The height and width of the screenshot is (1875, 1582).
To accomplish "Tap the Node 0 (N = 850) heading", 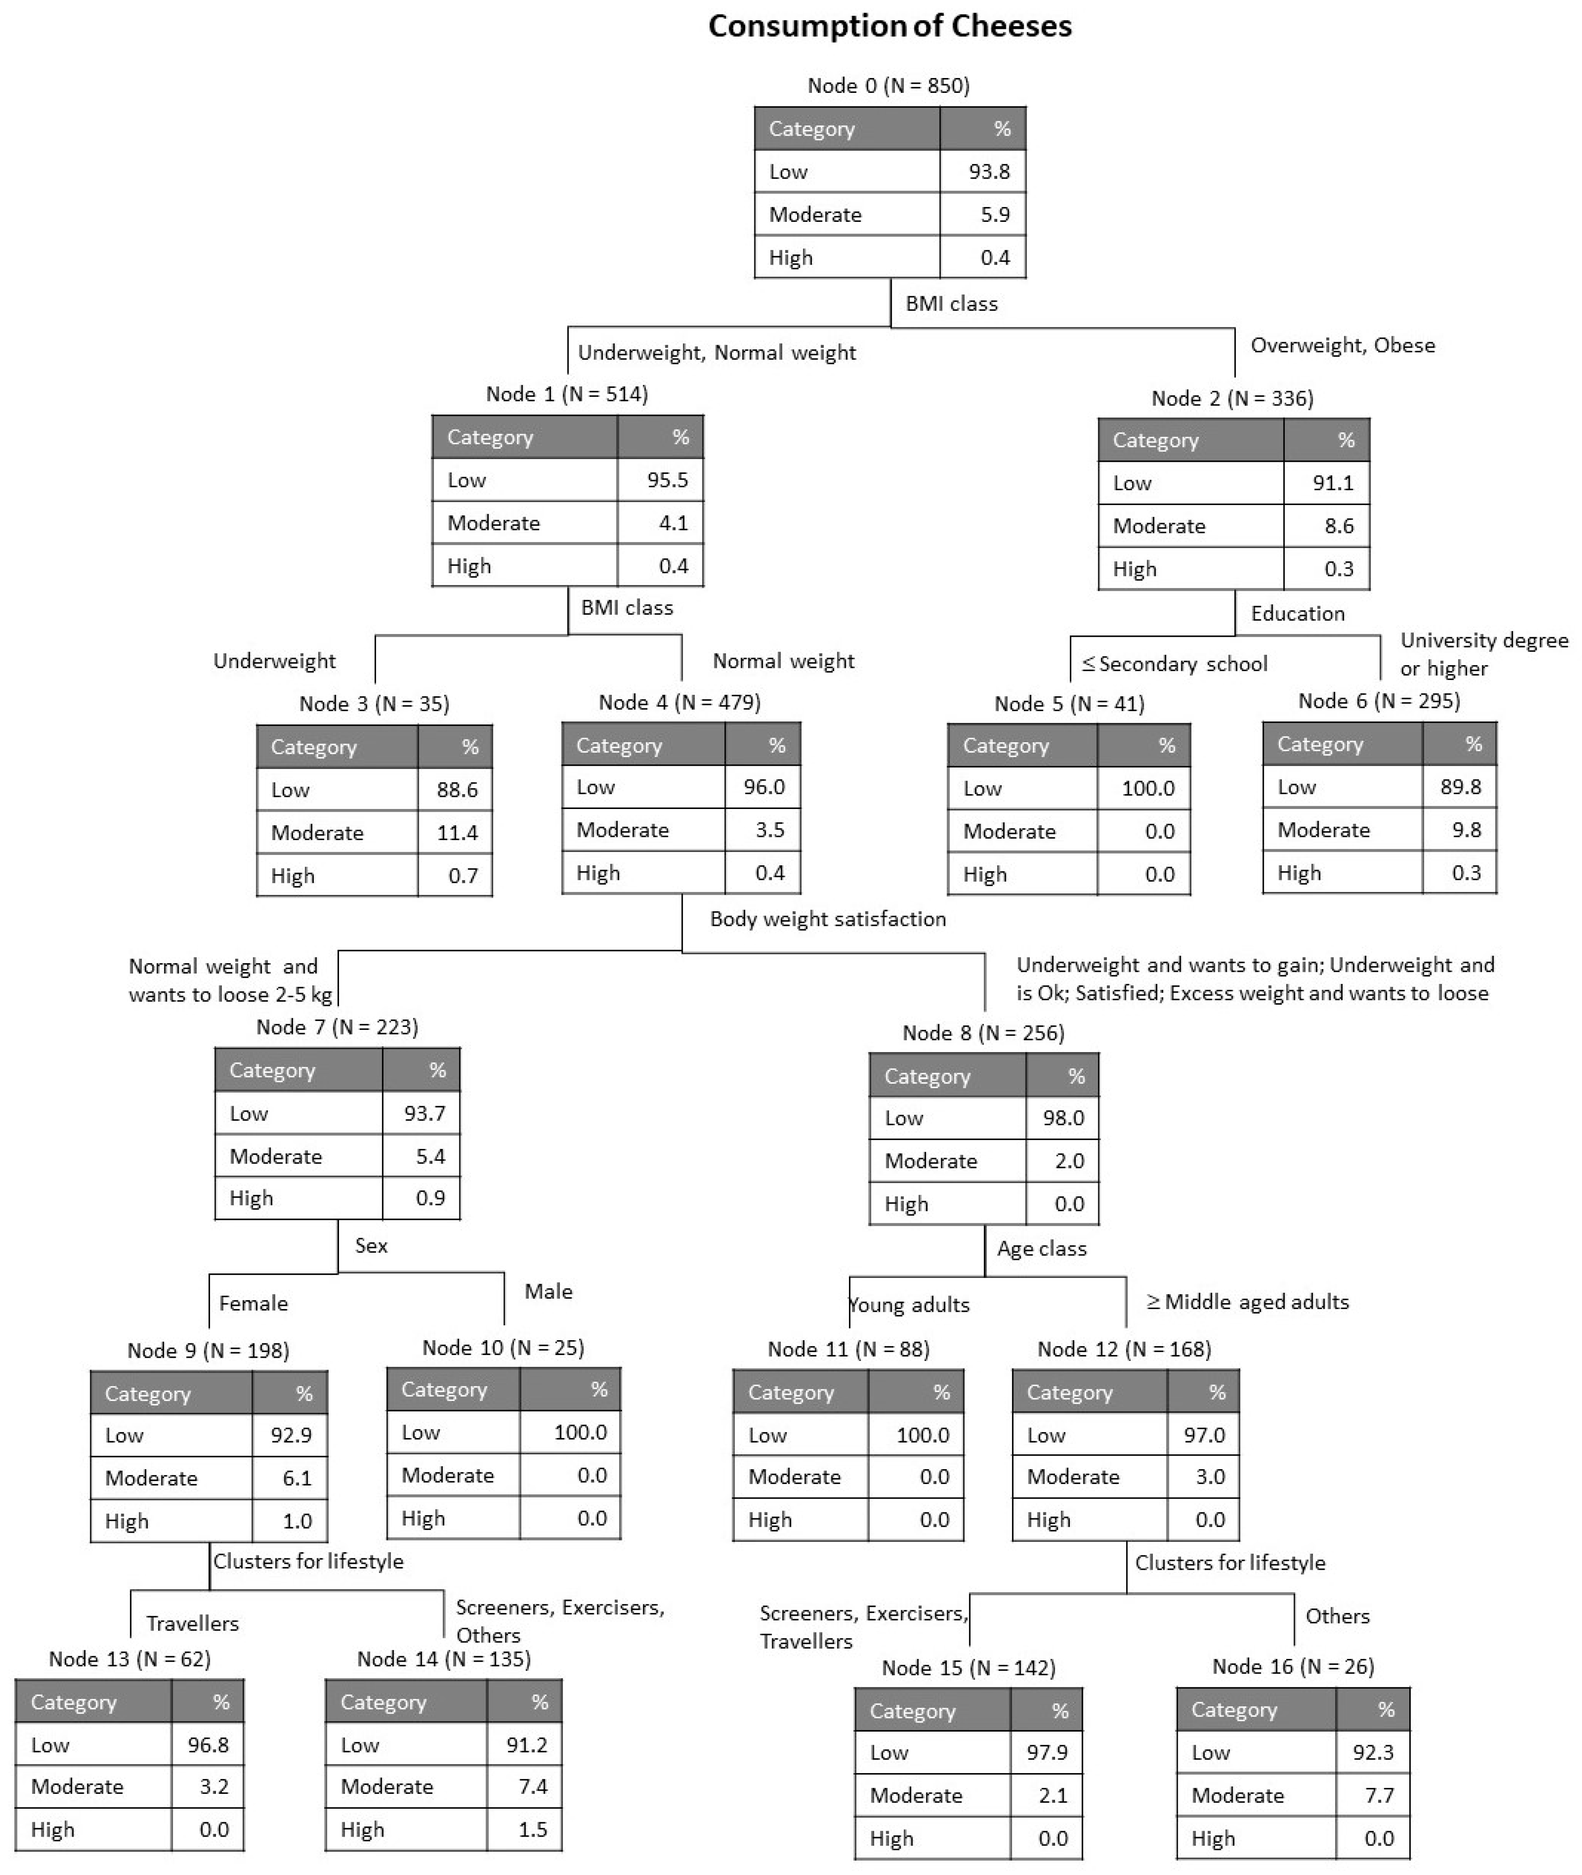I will coord(888,86).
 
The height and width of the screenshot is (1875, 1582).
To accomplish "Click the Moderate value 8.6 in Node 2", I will coord(1338,526).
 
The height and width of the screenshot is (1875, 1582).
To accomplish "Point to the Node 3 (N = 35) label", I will coord(374,703).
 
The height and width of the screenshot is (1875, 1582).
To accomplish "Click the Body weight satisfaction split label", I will coord(827,919).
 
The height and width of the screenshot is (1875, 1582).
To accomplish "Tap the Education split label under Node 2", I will coord(1297,614).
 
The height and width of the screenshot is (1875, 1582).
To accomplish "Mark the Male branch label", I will coord(548,1291).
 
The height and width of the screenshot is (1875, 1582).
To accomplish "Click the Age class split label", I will coord(1041,1249).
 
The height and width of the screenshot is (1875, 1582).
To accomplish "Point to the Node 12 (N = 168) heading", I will coord(1124,1349).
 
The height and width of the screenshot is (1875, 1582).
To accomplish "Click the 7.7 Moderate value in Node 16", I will coord(1378,1795).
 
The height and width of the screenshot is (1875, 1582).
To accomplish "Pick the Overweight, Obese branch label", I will coord(1342,345).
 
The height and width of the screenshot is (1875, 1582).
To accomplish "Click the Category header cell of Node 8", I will coord(926,1076).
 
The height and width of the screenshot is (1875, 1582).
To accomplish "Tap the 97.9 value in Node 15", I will coord(1046,1752).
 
